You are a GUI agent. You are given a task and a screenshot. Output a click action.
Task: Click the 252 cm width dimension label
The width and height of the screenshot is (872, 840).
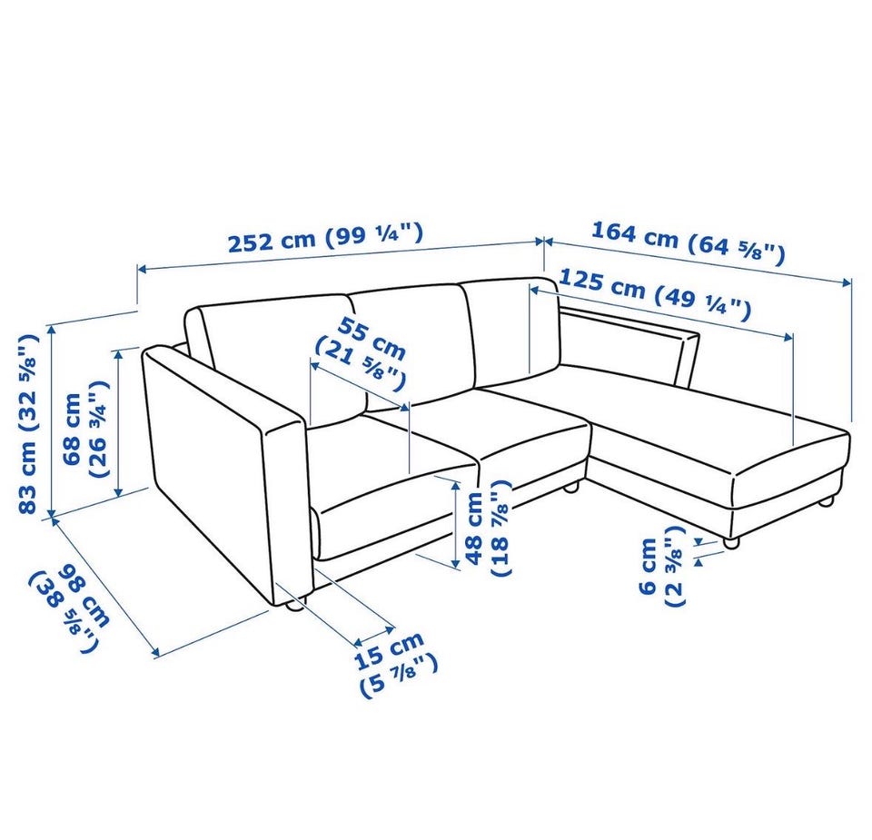pyautogui.click(x=325, y=238)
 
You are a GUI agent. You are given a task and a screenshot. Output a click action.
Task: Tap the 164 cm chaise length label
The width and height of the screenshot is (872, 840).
pyautogui.click(x=688, y=243)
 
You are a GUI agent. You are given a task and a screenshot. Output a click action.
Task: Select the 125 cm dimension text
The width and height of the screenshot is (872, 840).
pyautogui.click(x=654, y=294)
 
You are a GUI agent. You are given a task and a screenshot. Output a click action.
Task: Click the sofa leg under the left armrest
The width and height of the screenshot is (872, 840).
pyautogui.click(x=294, y=604)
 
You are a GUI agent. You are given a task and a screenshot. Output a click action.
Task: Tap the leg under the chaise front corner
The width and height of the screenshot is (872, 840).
pyautogui.click(x=731, y=542)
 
